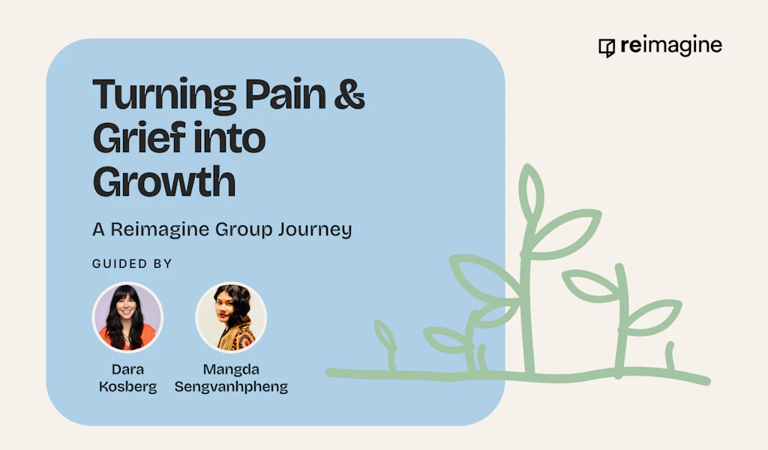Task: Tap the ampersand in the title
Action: pos(349,93)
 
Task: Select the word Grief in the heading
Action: pos(139,137)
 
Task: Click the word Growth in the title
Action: pos(164,181)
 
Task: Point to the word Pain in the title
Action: pos(285,94)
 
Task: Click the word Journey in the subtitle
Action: pos(315,229)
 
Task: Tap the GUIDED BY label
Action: pos(132,264)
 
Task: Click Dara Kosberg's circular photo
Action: pos(127,317)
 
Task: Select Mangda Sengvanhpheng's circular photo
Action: pos(231,317)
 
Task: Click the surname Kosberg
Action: pos(127,387)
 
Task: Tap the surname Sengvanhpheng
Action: pos(231,387)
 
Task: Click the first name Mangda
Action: pos(231,370)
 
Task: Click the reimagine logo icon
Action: pos(607,48)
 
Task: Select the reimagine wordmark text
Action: pos(671,46)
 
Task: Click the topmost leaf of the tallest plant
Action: pos(530,193)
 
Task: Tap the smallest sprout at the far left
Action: pos(387,343)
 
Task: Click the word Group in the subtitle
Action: pos(243,230)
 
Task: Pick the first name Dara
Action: pos(127,370)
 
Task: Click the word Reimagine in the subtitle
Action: pos(160,229)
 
